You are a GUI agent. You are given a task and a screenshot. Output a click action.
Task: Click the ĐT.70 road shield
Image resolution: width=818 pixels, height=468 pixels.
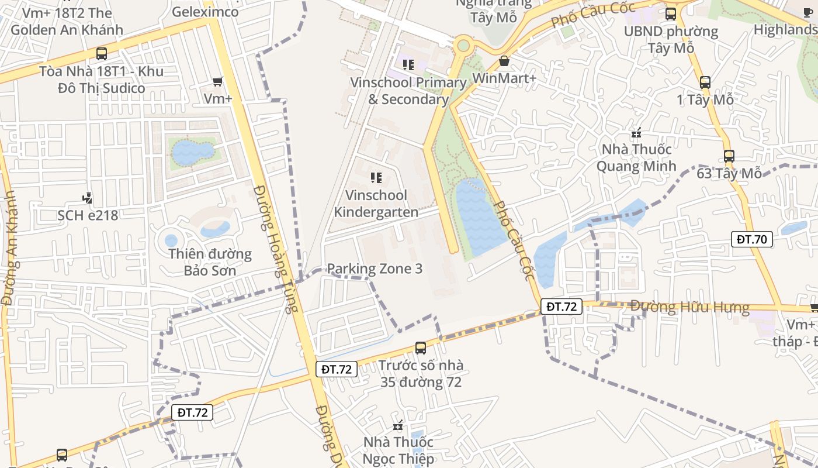[x=752, y=239]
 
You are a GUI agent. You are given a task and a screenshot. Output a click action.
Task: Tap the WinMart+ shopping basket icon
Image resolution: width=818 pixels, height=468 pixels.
[x=504, y=61]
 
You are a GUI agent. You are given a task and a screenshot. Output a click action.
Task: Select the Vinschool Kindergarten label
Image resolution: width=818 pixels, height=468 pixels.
[x=376, y=204]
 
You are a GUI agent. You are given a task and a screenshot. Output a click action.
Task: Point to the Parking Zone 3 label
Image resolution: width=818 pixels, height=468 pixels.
[x=375, y=269]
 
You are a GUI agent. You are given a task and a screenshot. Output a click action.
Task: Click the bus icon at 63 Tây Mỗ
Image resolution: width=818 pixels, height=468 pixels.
[x=729, y=156]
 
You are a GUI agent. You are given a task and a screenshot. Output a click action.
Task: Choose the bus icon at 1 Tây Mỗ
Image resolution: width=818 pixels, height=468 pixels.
[x=705, y=82]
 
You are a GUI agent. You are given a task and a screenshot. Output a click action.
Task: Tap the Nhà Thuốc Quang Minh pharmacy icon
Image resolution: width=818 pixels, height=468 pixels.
[x=636, y=133]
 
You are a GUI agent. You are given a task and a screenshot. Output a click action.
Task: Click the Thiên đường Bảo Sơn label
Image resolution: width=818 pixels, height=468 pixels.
[x=210, y=262]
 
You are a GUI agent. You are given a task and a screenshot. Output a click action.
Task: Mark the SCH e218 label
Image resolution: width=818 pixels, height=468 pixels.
[x=88, y=215]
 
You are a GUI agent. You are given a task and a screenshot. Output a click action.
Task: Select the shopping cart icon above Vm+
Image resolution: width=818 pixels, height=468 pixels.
[x=218, y=82]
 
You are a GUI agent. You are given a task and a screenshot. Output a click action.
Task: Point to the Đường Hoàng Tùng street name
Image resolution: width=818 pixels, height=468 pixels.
[x=272, y=249]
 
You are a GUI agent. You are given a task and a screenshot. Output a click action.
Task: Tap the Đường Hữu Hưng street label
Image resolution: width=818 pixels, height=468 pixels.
[x=689, y=307]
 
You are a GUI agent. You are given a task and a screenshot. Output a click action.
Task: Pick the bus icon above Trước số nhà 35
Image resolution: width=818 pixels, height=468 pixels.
[x=420, y=348]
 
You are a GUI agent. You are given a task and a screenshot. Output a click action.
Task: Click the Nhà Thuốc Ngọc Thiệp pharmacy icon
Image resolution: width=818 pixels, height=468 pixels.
[x=398, y=425]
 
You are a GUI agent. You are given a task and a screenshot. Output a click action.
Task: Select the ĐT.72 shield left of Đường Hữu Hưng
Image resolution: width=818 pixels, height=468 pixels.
[x=561, y=306]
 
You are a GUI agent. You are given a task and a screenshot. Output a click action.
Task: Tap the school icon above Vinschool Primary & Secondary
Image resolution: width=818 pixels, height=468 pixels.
[x=408, y=65]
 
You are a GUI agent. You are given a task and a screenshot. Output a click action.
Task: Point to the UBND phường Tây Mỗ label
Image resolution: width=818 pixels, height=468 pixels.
[x=671, y=39]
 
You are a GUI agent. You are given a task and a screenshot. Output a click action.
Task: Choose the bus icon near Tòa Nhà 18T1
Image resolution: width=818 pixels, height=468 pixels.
[x=102, y=54]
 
